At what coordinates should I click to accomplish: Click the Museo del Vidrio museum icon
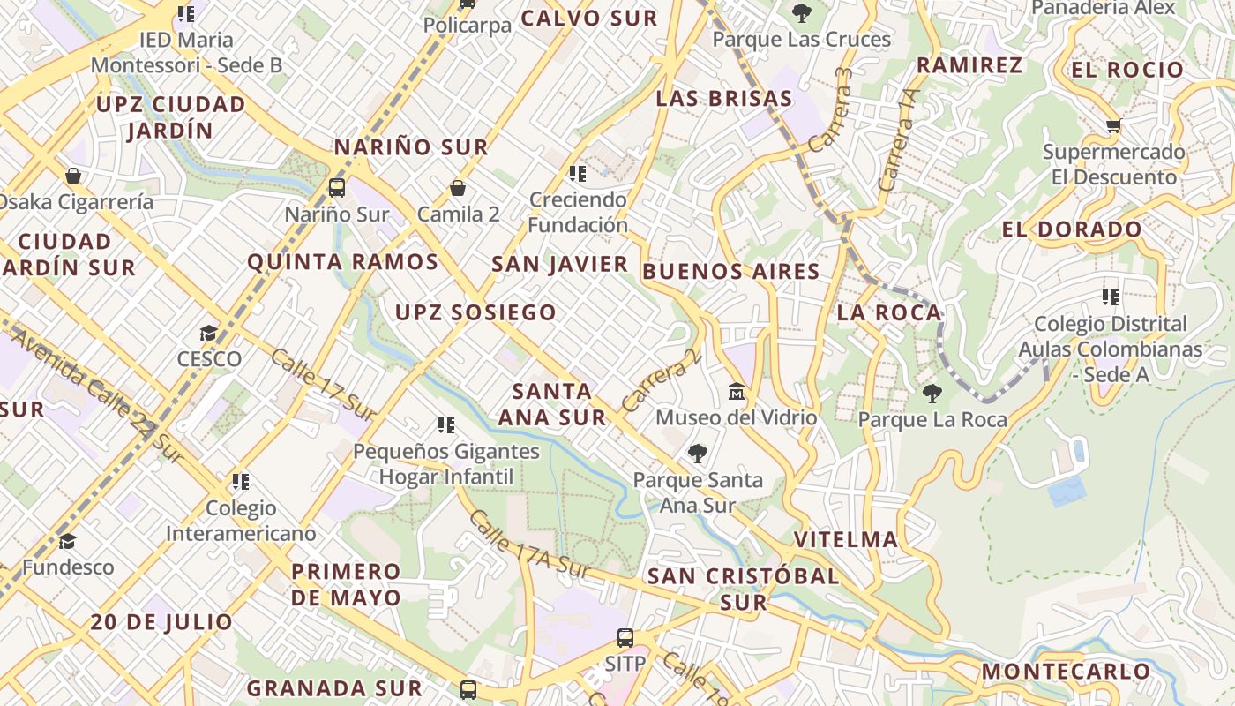tap(737, 391)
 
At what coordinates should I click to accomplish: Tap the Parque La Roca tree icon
tap(932, 394)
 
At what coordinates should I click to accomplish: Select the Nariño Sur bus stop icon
tap(337, 187)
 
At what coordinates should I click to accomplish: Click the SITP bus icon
tap(625, 637)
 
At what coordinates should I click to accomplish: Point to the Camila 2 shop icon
tap(458, 188)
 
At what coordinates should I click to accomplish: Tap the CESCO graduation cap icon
tap(208, 333)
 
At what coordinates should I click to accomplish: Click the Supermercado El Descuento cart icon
tap(1113, 126)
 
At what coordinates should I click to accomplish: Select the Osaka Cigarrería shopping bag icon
tap(73, 176)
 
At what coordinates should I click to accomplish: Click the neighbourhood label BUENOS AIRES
tap(731, 272)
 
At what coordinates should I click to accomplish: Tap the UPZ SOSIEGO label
tap(475, 312)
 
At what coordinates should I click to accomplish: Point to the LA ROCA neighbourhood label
tap(888, 313)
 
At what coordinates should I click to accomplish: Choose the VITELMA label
tap(845, 539)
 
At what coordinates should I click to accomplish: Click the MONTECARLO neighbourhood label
tap(1066, 672)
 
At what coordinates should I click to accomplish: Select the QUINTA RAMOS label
tap(342, 262)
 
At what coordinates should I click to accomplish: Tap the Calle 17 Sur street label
tap(323, 385)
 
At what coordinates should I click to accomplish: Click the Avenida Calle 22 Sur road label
tap(97, 396)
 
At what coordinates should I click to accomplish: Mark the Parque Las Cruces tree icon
tap(801, 13)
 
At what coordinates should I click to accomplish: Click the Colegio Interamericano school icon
tap(241, 482)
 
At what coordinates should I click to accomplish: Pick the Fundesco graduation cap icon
tap(68, 541)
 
